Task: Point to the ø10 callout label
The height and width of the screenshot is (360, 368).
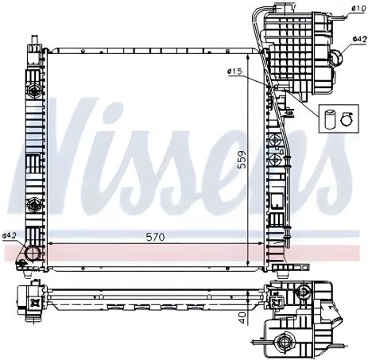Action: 357,9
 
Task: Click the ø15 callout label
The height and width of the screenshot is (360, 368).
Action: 234,72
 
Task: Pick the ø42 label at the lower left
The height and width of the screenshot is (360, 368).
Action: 10,235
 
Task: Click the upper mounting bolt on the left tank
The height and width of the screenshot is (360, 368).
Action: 34,92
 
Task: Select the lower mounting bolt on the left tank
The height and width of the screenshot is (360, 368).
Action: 34,205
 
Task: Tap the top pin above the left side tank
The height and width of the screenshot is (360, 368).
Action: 33,41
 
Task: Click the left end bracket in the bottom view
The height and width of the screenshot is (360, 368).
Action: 34,300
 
